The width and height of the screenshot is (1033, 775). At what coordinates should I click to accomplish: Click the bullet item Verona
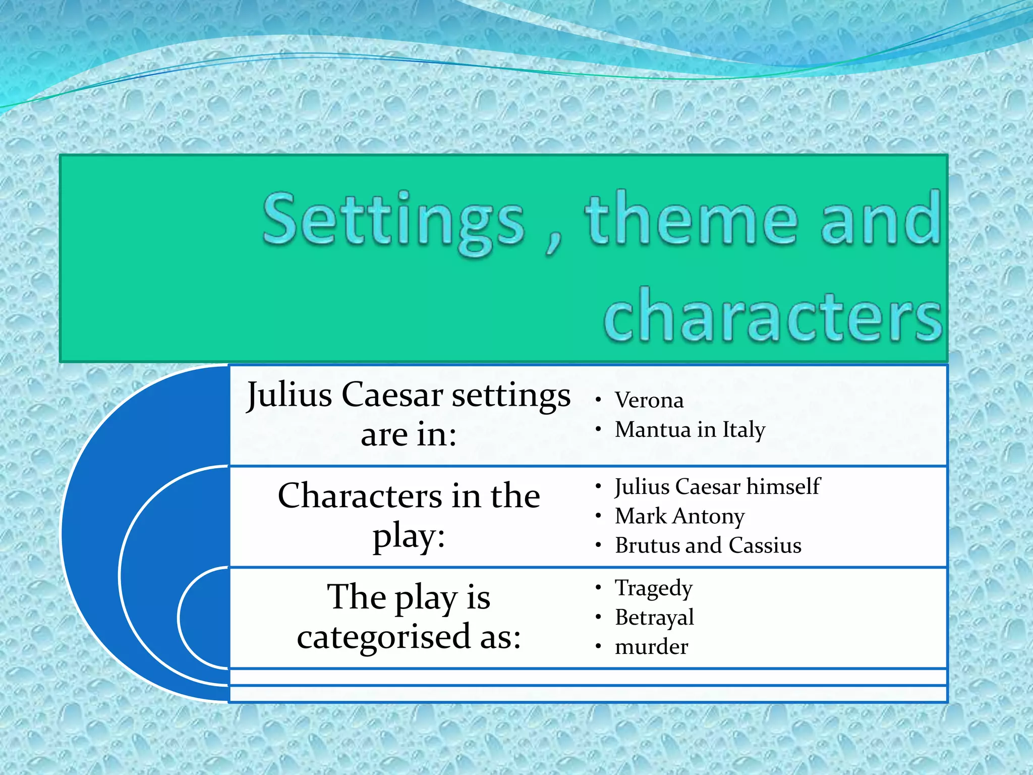(x=649, y=401)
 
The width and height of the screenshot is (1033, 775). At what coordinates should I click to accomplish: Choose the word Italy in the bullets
(x=744, y=430)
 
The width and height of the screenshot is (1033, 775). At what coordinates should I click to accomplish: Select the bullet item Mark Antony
(x=679, y=517)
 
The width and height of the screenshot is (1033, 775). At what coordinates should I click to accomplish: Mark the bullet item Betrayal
(x=654, y=618)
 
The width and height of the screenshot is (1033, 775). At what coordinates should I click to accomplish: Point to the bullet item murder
(x=651, y=647)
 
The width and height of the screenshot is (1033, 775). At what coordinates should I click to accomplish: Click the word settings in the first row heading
(x=511, y=396)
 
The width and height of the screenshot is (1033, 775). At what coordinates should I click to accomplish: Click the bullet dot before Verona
(x=598, y=401)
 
